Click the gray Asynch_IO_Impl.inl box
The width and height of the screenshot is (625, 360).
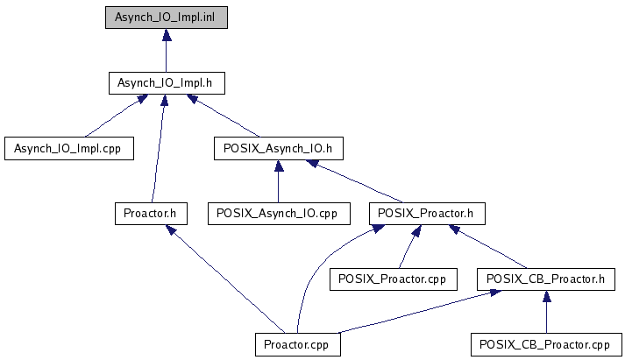click(167, 18)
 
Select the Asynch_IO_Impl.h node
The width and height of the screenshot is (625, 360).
click(167, 83)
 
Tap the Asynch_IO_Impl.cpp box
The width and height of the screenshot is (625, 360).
click(69, 149)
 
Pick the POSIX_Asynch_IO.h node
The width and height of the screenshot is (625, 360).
click(278, 149)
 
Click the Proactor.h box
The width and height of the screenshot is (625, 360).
click(151, 214)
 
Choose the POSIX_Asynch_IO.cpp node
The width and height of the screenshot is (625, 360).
click(279, 214)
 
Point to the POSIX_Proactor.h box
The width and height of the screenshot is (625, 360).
click(427, 214)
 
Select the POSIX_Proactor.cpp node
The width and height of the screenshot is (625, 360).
click(393, 279)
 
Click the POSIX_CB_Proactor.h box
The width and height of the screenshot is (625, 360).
click(546, 279)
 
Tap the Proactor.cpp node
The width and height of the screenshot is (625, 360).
click(298, 344)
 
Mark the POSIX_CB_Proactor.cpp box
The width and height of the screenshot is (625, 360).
click(546, 344)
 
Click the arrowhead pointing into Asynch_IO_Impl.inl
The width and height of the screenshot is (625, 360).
click(167, 35)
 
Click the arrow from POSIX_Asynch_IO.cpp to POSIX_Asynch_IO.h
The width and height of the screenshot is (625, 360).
click(279, 181)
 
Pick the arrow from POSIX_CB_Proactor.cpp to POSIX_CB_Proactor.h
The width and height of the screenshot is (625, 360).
click(546, 312)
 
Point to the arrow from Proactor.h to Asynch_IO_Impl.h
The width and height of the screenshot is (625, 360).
click(158, 149)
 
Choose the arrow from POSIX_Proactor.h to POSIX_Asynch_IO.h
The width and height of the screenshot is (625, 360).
click(354, 181)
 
